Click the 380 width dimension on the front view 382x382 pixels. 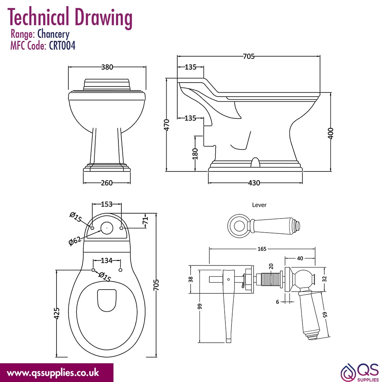tap(107, 67)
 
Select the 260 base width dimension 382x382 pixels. tap(107, 183)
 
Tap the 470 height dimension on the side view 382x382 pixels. tap(167, 125)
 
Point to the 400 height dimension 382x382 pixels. tap(330, 133)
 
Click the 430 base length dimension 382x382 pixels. tap(254, 183)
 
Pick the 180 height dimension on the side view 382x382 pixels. tap(195, 154)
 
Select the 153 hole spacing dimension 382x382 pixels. tap(107, 204)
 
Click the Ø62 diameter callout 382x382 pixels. tap(75, 241)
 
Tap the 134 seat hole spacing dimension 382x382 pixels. tap(107, 261)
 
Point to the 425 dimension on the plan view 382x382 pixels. tap(57, 313)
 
